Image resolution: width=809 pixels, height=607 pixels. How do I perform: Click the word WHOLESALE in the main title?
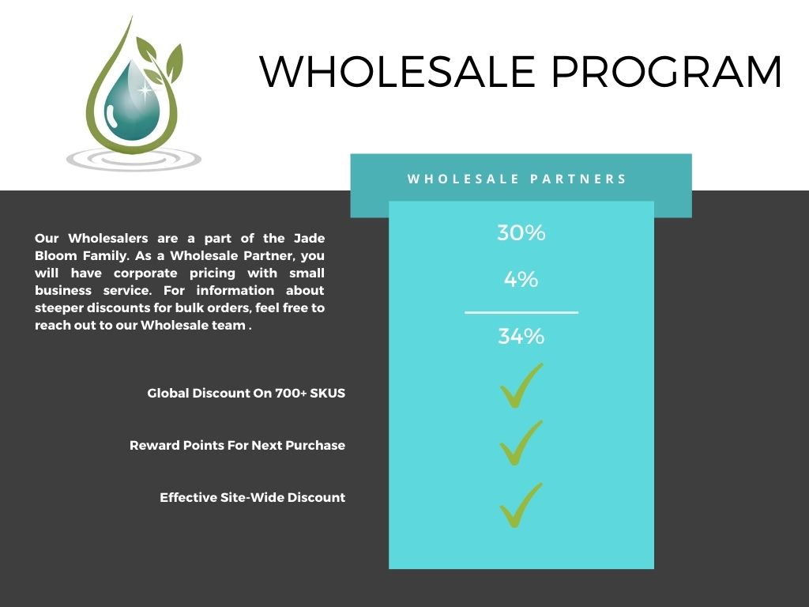pyautogui.click(x=398, y=71)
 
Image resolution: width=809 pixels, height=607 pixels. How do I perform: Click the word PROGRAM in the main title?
pyautogui.click(x=667, y=71)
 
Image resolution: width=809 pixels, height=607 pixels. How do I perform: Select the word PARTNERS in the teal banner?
pyautogui.click(x=578, y=179)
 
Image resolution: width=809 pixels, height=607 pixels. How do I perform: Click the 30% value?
pyautogui.click(x=521, y=233)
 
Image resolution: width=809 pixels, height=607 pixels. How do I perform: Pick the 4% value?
pyautogui.click(x=521, y=280)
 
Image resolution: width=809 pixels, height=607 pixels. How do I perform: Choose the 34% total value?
pyautogui.click(x=521, y=336)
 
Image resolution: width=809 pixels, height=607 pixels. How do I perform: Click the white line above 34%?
pyautogui.click(x=521, y=312)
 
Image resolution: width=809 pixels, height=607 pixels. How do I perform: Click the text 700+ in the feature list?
pyautogui.click(x=291, y=394)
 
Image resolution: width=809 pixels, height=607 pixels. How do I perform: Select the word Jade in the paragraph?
pyautogui.click(x=309, y=239)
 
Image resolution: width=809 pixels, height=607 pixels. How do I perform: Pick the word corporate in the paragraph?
pyautogui.click(x=145, y=273)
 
